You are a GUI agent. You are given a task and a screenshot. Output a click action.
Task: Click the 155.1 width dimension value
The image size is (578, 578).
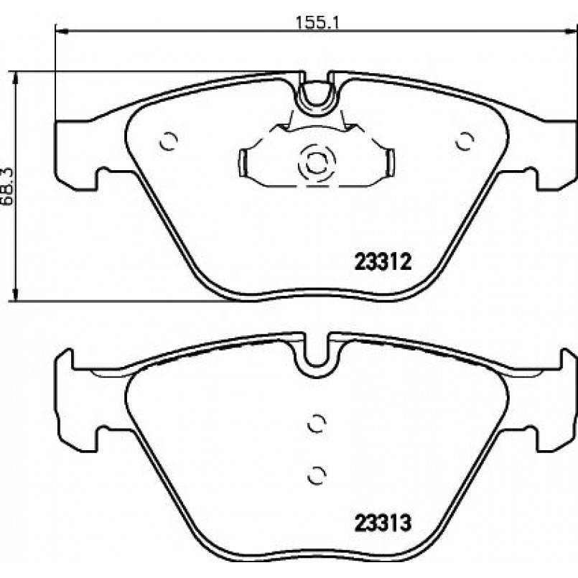(317, 23)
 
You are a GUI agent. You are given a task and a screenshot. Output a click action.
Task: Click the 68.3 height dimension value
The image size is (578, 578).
(7, 187)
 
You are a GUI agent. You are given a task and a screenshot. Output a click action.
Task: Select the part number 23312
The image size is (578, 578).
(383, 262)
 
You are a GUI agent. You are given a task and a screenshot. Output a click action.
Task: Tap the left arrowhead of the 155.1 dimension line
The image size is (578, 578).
(61, 32)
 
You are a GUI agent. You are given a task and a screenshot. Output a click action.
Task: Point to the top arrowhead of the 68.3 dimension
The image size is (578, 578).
(15, 78)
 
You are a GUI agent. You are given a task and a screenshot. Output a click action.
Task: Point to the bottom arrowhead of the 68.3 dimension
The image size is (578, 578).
(15, 294)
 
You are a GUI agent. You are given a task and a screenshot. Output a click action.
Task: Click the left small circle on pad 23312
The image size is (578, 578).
(169, 141)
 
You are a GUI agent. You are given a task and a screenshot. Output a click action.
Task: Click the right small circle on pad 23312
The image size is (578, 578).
(465, 141)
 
